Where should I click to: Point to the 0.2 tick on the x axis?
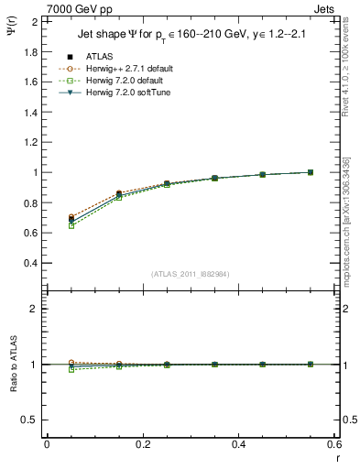pos(142,444)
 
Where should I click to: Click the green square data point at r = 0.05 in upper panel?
pos(71,225)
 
